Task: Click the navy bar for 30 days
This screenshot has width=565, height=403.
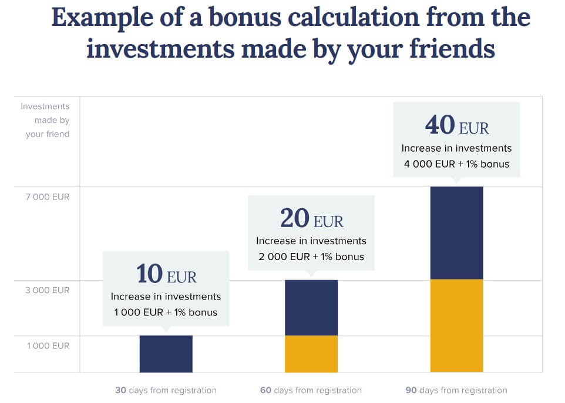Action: pos(166,354)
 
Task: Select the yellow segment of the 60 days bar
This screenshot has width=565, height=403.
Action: pos(311,354)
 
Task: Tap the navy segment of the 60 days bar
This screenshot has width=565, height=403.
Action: pos(311,308)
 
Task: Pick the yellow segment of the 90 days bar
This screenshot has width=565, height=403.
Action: pos(456,325)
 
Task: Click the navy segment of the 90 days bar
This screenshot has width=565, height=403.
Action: pos(456,233)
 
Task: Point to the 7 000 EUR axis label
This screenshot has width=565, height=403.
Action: pos(48,197)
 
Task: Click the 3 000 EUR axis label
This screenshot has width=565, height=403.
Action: pos(47,290)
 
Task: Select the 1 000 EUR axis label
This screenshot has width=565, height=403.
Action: pos(48,345)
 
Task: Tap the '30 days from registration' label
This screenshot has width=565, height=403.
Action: pos(166,390)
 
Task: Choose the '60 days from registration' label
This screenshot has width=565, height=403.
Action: pos(311,390)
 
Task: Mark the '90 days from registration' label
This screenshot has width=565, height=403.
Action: pos(456,390)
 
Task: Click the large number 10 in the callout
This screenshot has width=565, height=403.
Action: pos(150,273)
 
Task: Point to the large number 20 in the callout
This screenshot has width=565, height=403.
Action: pos(295,218)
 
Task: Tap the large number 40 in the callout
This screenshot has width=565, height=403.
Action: pos(440,125)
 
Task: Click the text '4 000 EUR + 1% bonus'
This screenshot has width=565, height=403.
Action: pos(456,164)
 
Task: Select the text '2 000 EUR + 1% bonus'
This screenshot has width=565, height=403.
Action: pos(311,257)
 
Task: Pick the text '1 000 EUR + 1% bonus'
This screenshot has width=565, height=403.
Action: pos(166,312)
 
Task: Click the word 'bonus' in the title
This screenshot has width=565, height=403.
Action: pos(245,17)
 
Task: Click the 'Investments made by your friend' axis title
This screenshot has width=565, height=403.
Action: pos(45,120)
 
